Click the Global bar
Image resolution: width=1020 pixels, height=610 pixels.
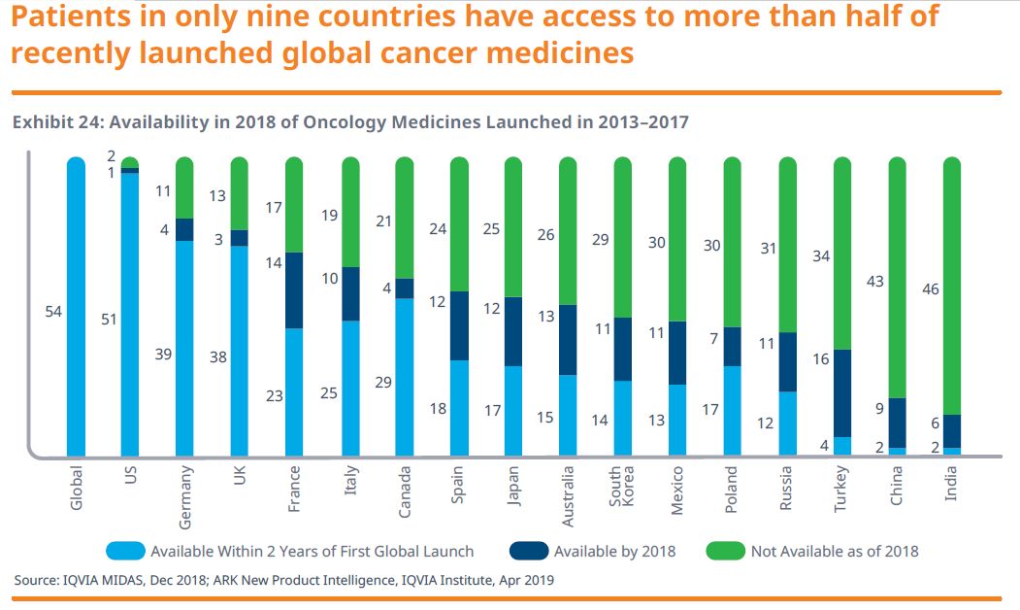tap(77, 307)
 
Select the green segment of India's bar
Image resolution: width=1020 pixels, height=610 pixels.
tap(952, 287)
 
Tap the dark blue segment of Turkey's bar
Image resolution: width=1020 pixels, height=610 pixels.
tap(842, 392)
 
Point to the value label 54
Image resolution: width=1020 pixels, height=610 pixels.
tap(54, 312)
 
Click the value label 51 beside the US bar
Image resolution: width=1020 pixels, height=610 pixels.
tap(108, 319)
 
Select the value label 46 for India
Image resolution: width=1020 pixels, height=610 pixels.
tap(930, 289)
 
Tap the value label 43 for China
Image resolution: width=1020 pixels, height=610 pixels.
tap(874, 282)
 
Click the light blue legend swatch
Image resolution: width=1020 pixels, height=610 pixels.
tap(119, 551)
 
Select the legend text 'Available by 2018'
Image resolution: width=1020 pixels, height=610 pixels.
tap(615, 551)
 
